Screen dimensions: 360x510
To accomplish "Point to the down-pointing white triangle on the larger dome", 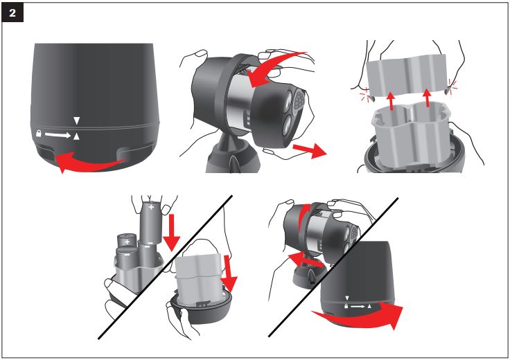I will click(77, 122).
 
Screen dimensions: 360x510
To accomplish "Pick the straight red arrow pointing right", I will click(309, 151).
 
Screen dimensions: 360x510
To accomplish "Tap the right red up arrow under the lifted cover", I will click(428, 97).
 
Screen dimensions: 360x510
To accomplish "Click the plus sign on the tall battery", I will click(150, 206).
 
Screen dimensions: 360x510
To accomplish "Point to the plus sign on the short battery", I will click(127, 242).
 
